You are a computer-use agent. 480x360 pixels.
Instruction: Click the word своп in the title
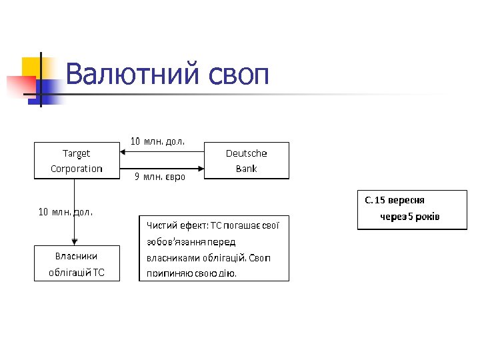tap(239, 74)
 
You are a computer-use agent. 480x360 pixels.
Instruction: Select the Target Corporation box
tap(77, 161)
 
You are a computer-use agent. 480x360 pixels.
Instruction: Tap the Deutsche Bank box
tap(247, 161)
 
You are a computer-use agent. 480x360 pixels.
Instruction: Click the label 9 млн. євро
tap(160, 177)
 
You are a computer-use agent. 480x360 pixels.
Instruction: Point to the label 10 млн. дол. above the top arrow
tap(157, 141)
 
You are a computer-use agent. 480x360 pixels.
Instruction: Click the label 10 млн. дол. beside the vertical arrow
tap(65, 213)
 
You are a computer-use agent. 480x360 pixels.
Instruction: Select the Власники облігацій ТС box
tap(77, 263)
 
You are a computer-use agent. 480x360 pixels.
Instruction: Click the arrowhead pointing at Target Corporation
tap(123, 151)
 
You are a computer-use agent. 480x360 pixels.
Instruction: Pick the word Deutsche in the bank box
tap(247, 153)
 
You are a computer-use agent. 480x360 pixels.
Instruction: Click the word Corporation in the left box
tap(77, 169)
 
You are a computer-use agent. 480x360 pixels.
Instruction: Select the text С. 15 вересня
tap(395, 200)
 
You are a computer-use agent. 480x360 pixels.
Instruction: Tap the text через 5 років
tap(410, 217)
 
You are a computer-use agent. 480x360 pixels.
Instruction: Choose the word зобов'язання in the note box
tap(174, 241)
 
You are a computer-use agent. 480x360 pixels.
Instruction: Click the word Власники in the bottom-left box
tap(77, 256)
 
